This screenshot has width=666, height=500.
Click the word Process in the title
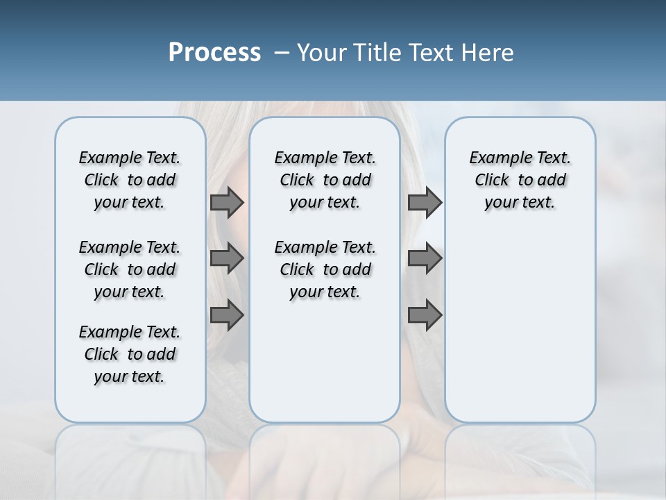coord(214,53)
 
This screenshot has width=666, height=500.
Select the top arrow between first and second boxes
coord(227,203)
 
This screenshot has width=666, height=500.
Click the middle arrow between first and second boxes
coord(227,258)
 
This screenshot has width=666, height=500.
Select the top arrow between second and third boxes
coord(425,203)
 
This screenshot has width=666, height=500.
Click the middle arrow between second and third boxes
coord(425,258)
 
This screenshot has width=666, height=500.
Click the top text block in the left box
coord(130,180)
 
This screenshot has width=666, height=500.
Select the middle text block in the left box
coord(130,269)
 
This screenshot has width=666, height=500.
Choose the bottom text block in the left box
coord(130,354)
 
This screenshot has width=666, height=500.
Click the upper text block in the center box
coord(325,180)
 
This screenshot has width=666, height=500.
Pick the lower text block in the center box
coord(325,269)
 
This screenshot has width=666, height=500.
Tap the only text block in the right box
coord(520,180)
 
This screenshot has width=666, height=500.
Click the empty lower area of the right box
coord(520,326)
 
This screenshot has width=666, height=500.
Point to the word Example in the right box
coord(496,158)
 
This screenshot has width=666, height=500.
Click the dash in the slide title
coord(282,53)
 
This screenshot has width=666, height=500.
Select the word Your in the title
coord(322,53)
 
